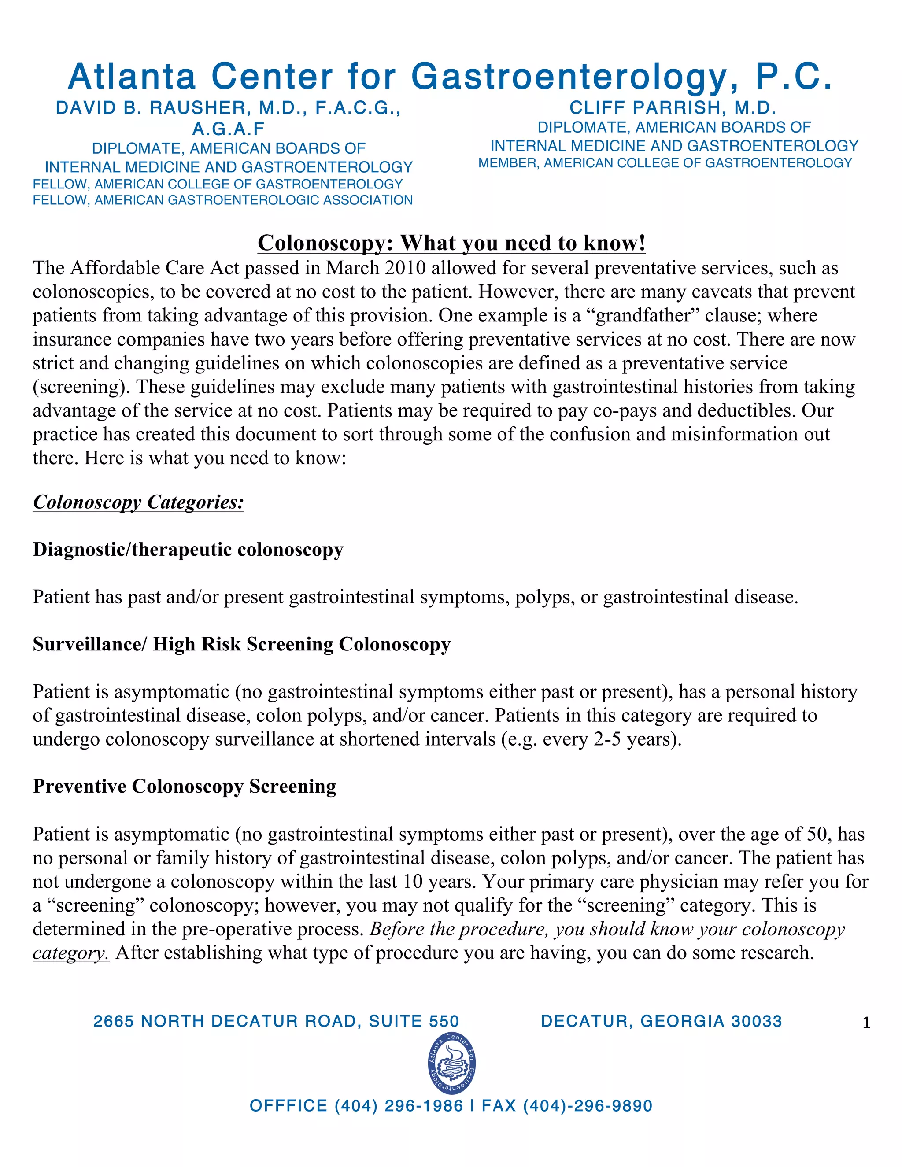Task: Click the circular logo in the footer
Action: click(x=451, y=1064)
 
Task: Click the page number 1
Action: click(x=866, y=1023)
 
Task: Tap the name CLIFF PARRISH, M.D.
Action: click(x=672, y=108)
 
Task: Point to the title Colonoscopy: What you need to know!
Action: click(x=451, y=243)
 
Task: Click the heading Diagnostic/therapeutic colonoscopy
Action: click(x=188, y=549)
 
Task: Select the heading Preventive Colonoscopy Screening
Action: click(x=185, y=786)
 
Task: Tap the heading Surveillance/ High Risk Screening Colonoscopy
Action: click(x=241, y=644)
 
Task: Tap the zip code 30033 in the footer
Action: click(x=756, y=1021)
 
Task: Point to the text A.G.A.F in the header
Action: click(x=228, y=129)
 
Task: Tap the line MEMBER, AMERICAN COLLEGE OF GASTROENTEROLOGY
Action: click(x=665, y=163)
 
